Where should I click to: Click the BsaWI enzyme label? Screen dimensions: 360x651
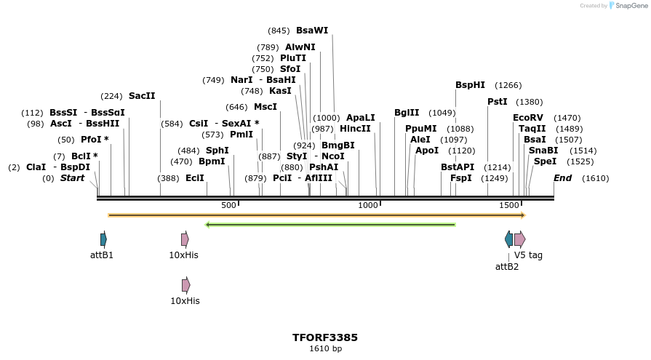click(312, 31)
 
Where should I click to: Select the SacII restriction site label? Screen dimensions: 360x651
click(142, 96)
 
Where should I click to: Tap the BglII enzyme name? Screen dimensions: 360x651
click(407, 113)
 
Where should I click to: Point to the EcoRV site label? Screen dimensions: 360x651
click(528, 118)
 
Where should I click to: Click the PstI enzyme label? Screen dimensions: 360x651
click(498, 102)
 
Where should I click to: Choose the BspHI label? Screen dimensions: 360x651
click(470, 85)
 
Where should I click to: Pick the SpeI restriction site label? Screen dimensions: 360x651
click(545, 161)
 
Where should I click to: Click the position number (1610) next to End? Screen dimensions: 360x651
click(596, 178)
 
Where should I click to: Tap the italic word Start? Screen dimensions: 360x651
click(72, 178)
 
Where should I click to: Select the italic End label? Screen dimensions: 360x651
click(562, 178)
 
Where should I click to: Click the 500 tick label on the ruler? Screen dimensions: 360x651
click(229, 206)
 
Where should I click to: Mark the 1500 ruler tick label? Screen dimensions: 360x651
click(509, 206)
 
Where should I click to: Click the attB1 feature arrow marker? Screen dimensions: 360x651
click(103, 239)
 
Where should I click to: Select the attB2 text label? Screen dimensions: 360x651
click(507, 267)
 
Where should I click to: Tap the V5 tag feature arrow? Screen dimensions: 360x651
click(519, 239)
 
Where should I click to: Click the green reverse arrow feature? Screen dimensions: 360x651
click(331, 225)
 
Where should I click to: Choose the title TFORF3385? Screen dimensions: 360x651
click(325, 337)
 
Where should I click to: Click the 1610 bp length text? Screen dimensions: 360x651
click(325, 349)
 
